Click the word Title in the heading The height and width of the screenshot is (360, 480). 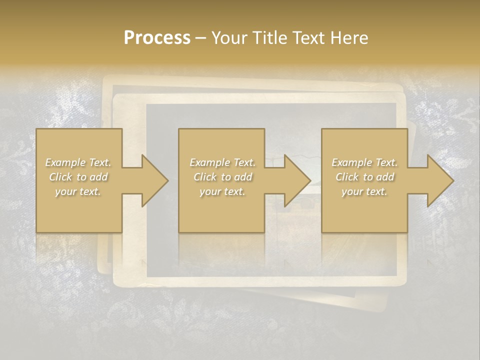click(x=270, y=38)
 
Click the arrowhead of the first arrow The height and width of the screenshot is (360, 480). click(x=155, y=180)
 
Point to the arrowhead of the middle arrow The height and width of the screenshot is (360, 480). click(x=298, y=180)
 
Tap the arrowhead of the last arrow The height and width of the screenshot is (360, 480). click(x=440, y=180)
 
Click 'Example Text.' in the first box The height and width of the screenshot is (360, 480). click(x=78, y=162)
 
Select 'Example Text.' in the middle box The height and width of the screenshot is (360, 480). click(x=222, y=162)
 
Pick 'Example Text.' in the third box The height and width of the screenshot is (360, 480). click(x=364, y=162)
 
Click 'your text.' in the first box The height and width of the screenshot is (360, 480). click(x=78, y=191)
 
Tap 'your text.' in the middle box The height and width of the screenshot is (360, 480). click(x=222, y=191)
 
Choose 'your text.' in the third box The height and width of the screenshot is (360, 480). click(x=364, y=191)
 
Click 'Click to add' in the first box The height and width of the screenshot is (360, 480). click(x=78, y=177)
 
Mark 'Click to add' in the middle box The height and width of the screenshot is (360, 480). click(x=222, y=177)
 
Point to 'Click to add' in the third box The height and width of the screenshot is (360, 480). click(x=364, y=177)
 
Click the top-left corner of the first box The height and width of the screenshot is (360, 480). click(x=36, y=129)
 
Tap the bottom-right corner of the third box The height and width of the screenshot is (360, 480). click(x=407, y=232)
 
